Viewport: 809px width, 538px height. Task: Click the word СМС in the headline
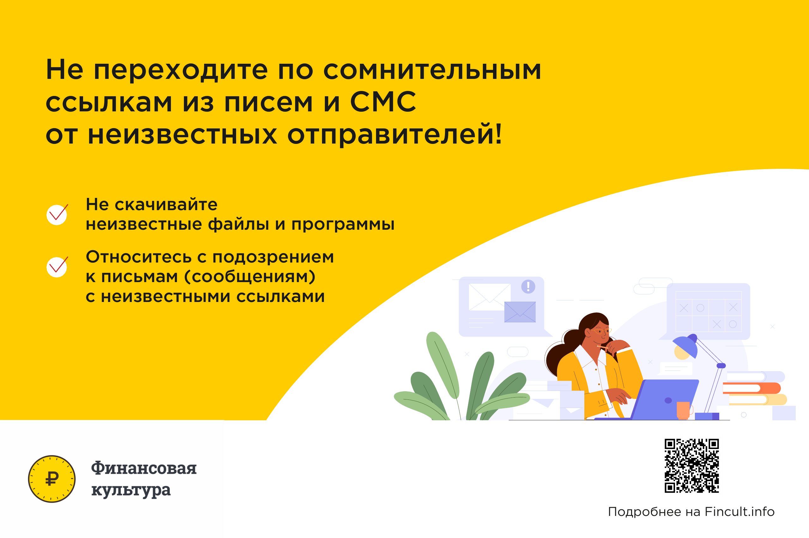(383, 102)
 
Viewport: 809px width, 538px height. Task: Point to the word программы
(343, 225)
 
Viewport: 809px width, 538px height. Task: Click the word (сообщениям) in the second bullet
(250, 276)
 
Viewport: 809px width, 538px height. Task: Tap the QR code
(691, 466)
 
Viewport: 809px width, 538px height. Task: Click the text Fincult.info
(739, 511)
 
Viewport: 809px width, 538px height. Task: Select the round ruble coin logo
(52, 479)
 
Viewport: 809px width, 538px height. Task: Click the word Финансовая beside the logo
(143, 468)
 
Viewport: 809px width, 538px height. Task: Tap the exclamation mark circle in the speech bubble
(528, 286)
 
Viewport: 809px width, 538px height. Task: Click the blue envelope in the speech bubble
(520, 312)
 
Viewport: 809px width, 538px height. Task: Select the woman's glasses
(602, 331)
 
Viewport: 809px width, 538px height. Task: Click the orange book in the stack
(751, 388)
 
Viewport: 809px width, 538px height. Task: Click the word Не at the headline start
(64, 70)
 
